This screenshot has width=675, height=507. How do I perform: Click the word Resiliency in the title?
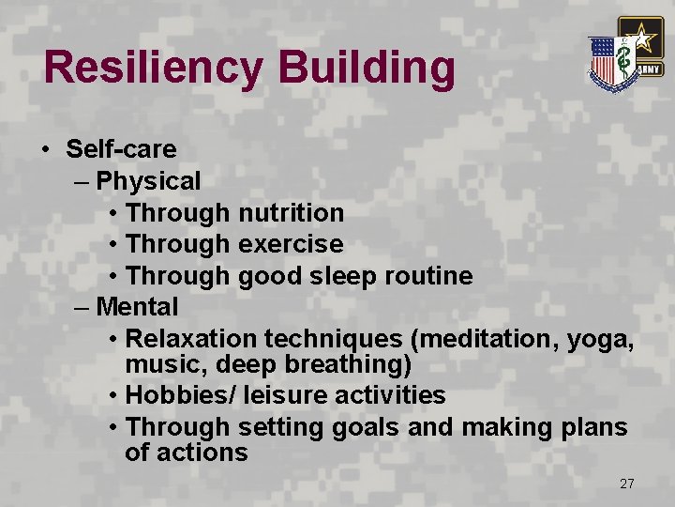154,69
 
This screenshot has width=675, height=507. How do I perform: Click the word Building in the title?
366,69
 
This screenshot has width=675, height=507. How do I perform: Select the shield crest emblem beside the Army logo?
610,62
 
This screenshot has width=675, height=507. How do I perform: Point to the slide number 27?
627,484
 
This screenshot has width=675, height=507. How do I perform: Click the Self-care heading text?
121,149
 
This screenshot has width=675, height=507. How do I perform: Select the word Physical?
148,180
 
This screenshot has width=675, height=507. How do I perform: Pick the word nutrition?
291,213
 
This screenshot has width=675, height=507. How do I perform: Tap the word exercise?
291,244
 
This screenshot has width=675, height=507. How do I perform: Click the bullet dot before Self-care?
45,150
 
